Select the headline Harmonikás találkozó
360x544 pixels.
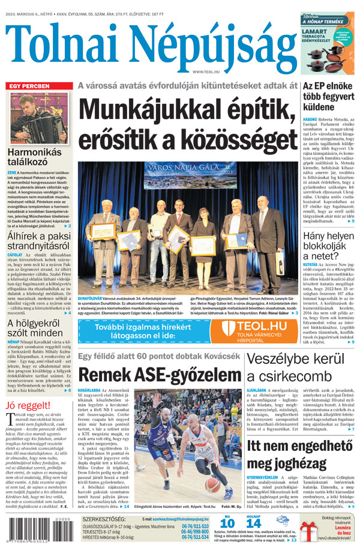click(34, 159)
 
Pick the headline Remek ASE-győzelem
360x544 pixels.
click(158, 376)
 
